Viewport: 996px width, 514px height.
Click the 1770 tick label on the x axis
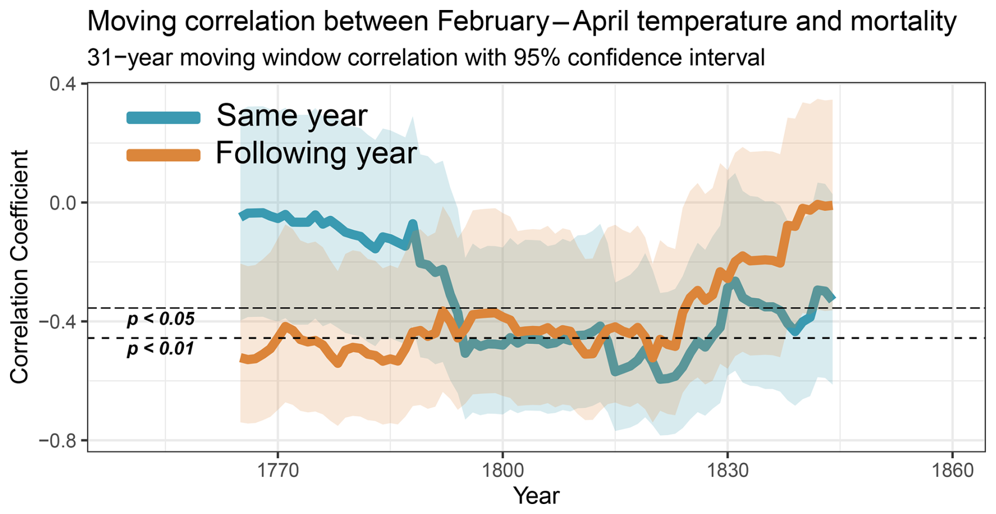click(277, 470)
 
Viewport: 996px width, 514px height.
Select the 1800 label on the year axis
click(502, 470)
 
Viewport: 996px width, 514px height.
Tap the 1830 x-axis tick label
click(728, 470)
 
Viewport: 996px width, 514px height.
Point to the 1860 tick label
click(952, 470)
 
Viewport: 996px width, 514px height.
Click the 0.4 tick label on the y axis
click(62, 84)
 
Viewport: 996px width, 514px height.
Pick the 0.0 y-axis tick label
click(62, 203)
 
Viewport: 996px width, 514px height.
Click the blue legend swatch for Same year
click(164, 117)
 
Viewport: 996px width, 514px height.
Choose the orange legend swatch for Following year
click(164, 155)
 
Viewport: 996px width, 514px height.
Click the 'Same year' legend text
click(292, 116)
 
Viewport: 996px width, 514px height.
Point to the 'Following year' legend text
click(316, 153)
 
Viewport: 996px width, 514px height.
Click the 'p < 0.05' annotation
click(161, 319)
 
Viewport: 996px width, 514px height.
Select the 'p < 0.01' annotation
click(161, 348)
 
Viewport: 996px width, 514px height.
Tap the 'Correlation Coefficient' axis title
click(19, 267)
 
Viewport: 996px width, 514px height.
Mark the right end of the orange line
click(831, 206)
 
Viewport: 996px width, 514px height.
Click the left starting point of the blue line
click(242, 215)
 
